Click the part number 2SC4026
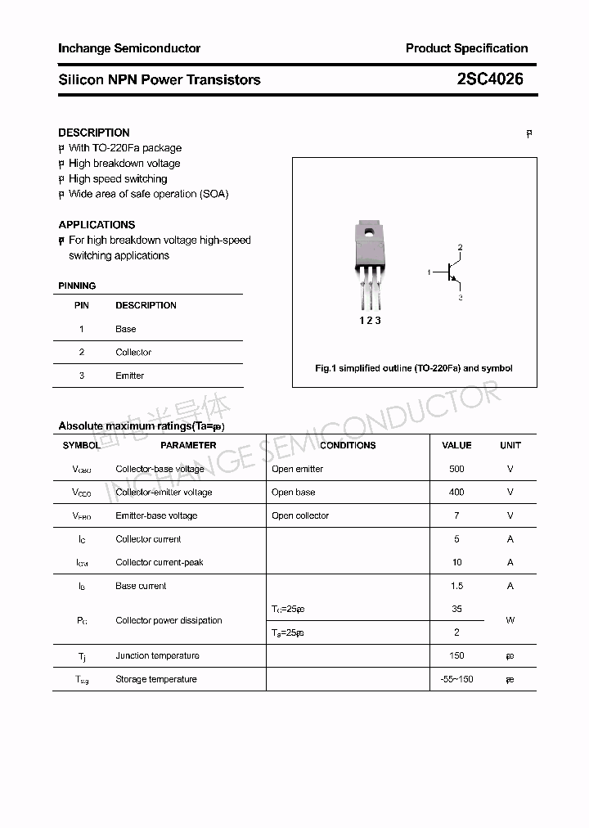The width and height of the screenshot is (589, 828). pyautogui.click(x=490, y=79)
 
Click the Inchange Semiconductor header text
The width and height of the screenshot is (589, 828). pyautogui.click(x=129, y=48)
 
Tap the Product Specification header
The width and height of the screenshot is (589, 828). pyautogui.click(x=466, y=48)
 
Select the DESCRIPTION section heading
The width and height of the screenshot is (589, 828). pyautogui.click(x=94, y=133)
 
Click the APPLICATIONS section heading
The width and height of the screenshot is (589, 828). pyautogui.click(x=97, y=224)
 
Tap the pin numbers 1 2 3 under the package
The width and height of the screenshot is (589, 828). pyautogui.click(x=370, y=321)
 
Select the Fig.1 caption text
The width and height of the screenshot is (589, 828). pyautogui.click(x=414, y=368)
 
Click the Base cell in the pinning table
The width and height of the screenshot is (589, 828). pyautogui.click(x=126, y=329)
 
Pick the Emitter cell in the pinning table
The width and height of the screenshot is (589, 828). pyautogui.click(x=129, y=376)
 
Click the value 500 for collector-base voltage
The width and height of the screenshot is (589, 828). pyautogui.click(x=456, y=469)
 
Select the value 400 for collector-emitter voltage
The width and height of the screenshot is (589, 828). pyautogui.click(x=456, y=492)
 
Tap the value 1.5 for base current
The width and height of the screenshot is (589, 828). pyautogui.click(x=456, y=586)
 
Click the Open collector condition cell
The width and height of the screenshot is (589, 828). pyautogui.click(x=300, y=515)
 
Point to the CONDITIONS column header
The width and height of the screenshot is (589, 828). pyautogui.click(x=348, y=445)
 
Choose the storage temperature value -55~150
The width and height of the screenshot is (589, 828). pyautogui.click(x=456, y=679)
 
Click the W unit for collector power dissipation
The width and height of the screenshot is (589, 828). pyautogui.click(x=510, y=620)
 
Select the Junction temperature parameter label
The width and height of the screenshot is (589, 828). pyautogui.click(x=157, y=655)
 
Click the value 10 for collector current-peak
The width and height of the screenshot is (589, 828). pyautogui.click(x=456, y=562)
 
